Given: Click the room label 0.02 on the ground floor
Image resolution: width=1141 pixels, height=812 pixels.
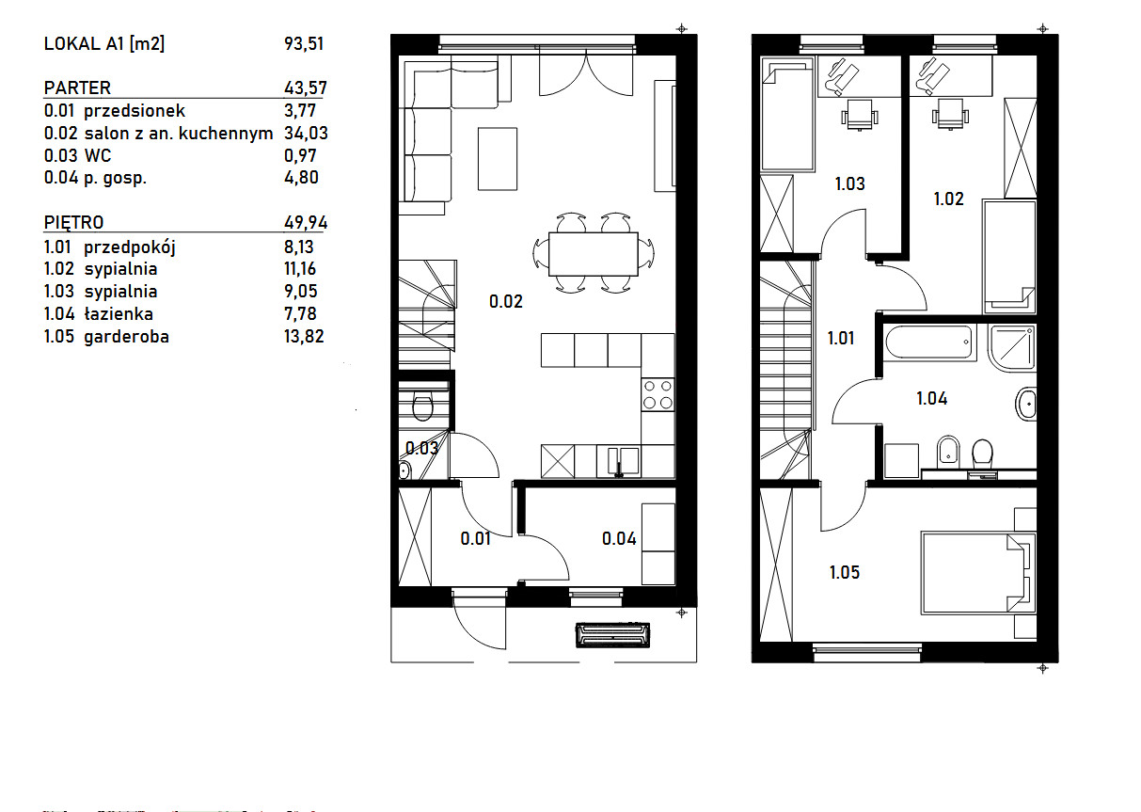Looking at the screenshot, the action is coord(506,302).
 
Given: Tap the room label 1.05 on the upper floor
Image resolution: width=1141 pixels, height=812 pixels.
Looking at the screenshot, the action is coord(845,573).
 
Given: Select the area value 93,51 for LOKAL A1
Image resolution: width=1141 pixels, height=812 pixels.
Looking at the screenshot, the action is coord(304,44).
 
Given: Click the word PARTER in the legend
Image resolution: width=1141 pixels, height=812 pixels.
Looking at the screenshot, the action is coord(77,88).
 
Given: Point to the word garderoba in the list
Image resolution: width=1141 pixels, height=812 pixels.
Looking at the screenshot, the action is coord(126,337).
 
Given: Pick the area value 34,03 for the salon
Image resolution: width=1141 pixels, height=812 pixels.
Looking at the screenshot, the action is coord(306,134).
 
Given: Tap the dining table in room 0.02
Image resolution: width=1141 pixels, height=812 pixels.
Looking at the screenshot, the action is coord(594,254).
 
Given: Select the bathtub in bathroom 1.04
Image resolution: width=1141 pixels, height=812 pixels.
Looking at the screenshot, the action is coord(930,342).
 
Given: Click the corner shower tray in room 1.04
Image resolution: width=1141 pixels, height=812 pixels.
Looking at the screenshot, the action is coord(1011,346).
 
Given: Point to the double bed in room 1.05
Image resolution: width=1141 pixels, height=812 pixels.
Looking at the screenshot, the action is coord(978,573).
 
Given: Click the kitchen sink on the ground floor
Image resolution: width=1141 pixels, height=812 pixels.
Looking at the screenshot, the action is coord(618,462).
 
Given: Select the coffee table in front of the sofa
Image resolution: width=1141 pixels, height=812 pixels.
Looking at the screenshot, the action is coord(498,159).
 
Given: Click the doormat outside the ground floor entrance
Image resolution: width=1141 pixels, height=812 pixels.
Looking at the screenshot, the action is coord(612,635).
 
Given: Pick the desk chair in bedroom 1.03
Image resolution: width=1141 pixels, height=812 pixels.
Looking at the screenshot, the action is coord(860,115).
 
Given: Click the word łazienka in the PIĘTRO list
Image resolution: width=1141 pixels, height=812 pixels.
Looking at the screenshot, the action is coord(119,314).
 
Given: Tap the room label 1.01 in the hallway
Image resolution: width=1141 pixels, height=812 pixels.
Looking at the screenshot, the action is coord(841,338).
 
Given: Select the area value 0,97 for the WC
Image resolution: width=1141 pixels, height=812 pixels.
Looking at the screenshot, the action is coord(300,156).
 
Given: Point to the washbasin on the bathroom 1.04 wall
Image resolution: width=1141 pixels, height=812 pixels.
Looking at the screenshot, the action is coord(1026,404).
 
